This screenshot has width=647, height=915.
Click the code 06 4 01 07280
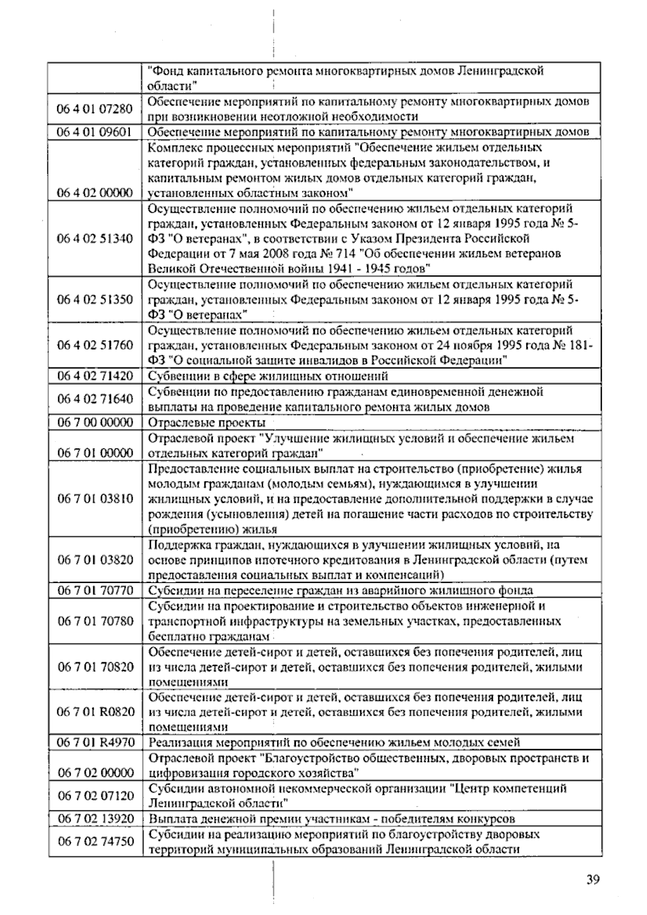[x=94, y=109]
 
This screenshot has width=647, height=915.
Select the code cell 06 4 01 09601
[x=94, y=132]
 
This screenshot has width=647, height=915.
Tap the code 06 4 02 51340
[x=95, y=238]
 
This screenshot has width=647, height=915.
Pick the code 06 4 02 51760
[x=95, y=345]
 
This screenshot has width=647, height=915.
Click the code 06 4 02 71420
[x=95, y=376]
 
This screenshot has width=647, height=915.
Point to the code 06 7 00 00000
[x=95, y=422]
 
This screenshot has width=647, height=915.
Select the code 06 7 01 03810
[x=95, y=498]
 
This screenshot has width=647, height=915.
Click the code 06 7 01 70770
[x=95, y=591]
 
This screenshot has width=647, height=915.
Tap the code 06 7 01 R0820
[x=95, y=712]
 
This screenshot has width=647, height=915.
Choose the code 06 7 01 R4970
[x=95, y=743]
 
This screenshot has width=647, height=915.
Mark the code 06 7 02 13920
[x=95, y=819]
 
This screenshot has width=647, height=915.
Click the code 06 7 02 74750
[x=95, y=841]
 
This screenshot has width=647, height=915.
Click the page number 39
[x=593, y=880]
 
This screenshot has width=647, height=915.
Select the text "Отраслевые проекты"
[x=207, y=422]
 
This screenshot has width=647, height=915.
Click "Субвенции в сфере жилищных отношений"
[x=268, y=376]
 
